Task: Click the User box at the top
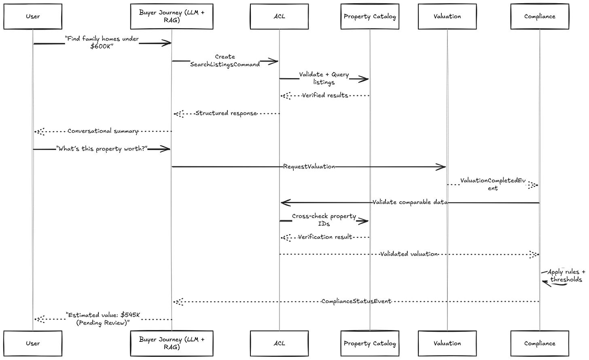pyautogui.click(x=33, y=16)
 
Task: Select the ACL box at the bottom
pyautogui.click(x=279, y=343)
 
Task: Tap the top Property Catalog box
pyautogui.click(x=370, y=16)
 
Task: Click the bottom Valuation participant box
pyautogui.click(x=447, y=343)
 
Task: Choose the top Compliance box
pyautogui.click(x=540, y=16)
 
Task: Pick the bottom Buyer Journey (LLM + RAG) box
pyautogui.click(x=172, y=343)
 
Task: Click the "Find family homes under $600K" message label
pyautogui.click(x=102, y=42)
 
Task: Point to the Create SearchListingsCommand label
pyautogui.click(x=225, y=61)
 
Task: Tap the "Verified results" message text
pyautogui.click(x=325, y=95)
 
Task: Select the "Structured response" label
pyautogui.click(x=226, y=113)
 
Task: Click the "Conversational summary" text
pyautogui.click(x=103, y=131)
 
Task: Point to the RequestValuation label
pyautogui.click(x=309, y=167)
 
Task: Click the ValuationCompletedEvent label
pyautogui.click(x=493, y=184)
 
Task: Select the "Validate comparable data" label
pyautogui.click(x=410, y=202)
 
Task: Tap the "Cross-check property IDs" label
pyautogui.click(x=324, y=220)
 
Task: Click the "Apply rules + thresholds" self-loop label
pyautogui.click(x=566, y=275)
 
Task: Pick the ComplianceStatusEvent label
pyautogui.click(x=356, y=301)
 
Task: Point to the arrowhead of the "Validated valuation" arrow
pyautogui.click(x=534, y=254)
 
